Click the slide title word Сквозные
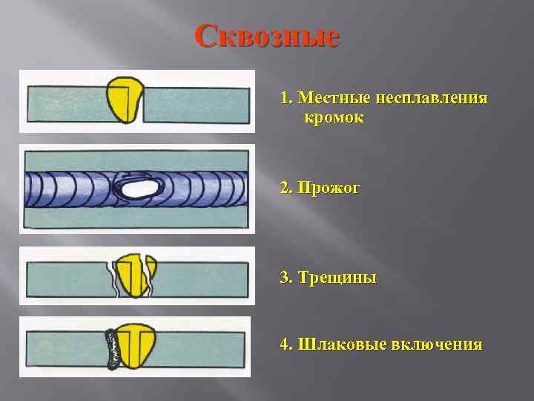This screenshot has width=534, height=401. (267, 35)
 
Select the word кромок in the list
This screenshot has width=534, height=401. (333, 117)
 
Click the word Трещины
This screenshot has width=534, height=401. (337, 278)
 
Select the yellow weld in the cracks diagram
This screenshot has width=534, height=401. (133, 274)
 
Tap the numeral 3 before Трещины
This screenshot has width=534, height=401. (285, 278)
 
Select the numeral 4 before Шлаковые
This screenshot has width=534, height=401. (285, 345)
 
